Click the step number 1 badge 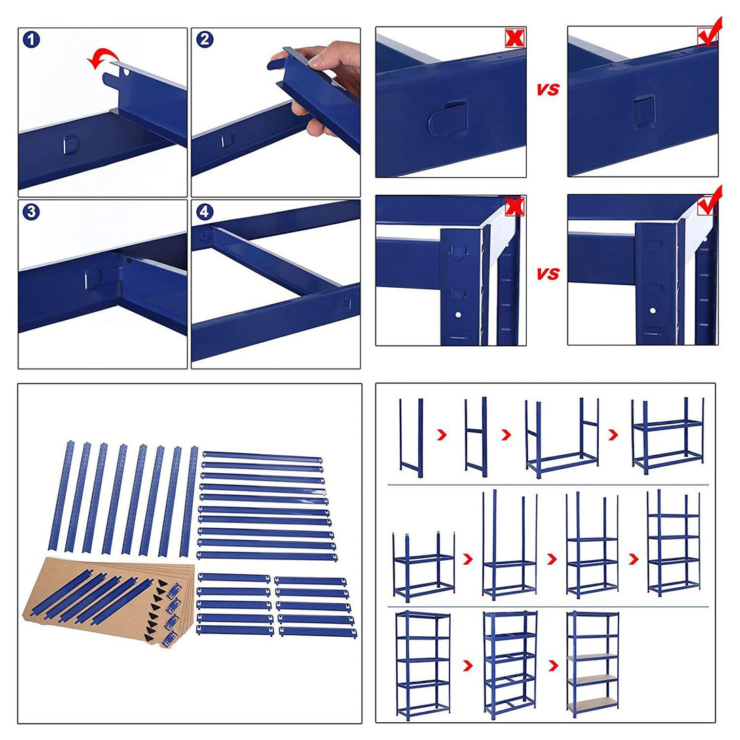pyautogui.click(x=32, y=39)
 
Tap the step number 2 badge pyautogui.click(x=205, y=39)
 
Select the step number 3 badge pyautogui.click(x=32, y=212)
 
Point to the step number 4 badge pyautogui.click(x=205, y=212)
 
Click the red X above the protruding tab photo pyautogui.click(x=515, y=38)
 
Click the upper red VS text pyautogui.click(x=547, y=89)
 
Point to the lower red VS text pyautogui.click(x=547, y=274)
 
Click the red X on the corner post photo pyautogui.click(x=515, y=206)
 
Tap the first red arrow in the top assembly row pyautogui.click(x=442, y=434)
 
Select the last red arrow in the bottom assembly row pyautogui.click(x=553, y=665)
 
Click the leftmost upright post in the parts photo pyautogui.click(x=61, y=496)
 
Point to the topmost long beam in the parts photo pyautogui.click(x=263, y=457)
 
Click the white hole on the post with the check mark pyautogui.click(x=652, y=310)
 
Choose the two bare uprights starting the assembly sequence pyautogui.click(x=411, y=437)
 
